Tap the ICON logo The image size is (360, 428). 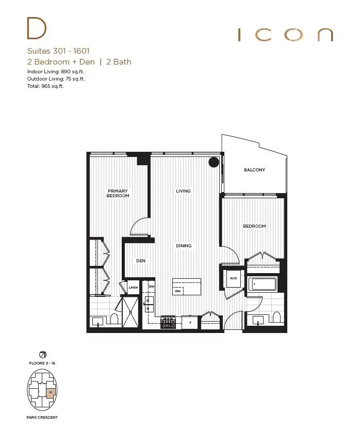(285, 35)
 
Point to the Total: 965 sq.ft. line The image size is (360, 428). (46, 86)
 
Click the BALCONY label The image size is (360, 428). (254, 170)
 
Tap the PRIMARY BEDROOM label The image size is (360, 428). (118, 193)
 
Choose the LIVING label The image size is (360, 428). (183, 191)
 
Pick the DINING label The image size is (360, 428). (183, 246)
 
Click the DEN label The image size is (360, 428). (141, 261)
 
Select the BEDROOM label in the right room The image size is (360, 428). (254, 226)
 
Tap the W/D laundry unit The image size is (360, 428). (233, 279)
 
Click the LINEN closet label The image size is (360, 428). (133, 288)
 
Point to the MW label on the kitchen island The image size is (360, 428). (177, 291)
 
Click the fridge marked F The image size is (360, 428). (190, 323)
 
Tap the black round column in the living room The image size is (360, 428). (214, 163)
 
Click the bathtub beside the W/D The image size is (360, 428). (263, 284)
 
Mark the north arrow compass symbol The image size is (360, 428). (42, 354)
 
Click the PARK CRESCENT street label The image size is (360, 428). (42, 417)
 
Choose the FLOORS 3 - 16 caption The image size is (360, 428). (42, 363)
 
